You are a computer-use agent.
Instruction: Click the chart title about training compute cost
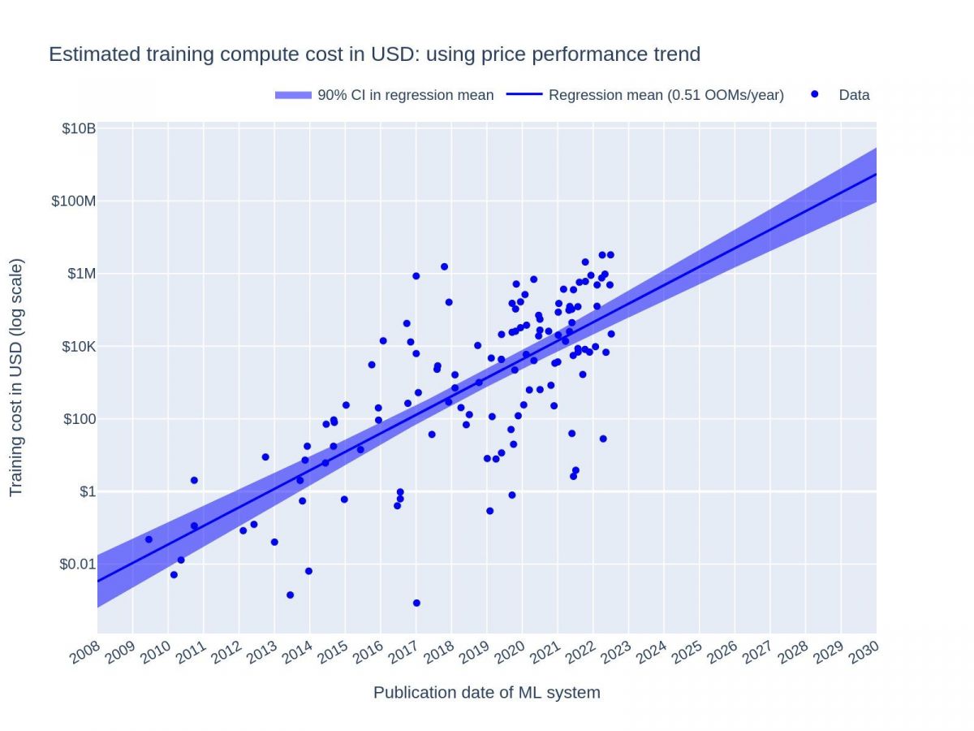pyautogui.click(x=374, y=54)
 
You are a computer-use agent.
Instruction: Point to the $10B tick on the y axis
pyautogui.click(x=79, y=128)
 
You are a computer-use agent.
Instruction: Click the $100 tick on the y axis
pyautogui.click(x=80, y=419)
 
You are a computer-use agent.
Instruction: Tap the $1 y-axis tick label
pyautogui.click(x=87, y=491)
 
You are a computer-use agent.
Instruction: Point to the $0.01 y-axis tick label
pyautogui.click(x=78, y=564)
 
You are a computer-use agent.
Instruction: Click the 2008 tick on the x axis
pyautogui.click(x=84, y=652)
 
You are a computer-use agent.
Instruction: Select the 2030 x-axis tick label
pyautogui.click(x=864, y=652)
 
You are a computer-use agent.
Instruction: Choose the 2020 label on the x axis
pyautogui.click(x=510, y=652)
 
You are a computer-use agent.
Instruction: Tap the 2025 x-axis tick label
pyautogui.click(x=687, y=652)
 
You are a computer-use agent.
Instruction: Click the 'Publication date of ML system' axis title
pyautogui.click(x=486, y=693)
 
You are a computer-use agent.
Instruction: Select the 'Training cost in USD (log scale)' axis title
pyautogui.click(x=16, y=378)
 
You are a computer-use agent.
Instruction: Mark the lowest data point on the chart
pyautogui.click(x=416, y=603)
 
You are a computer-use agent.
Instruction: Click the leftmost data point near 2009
pyautogui.click(x=149, y=539)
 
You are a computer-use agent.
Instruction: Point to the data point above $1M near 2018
pyautogui.click(x=444, y=266)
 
